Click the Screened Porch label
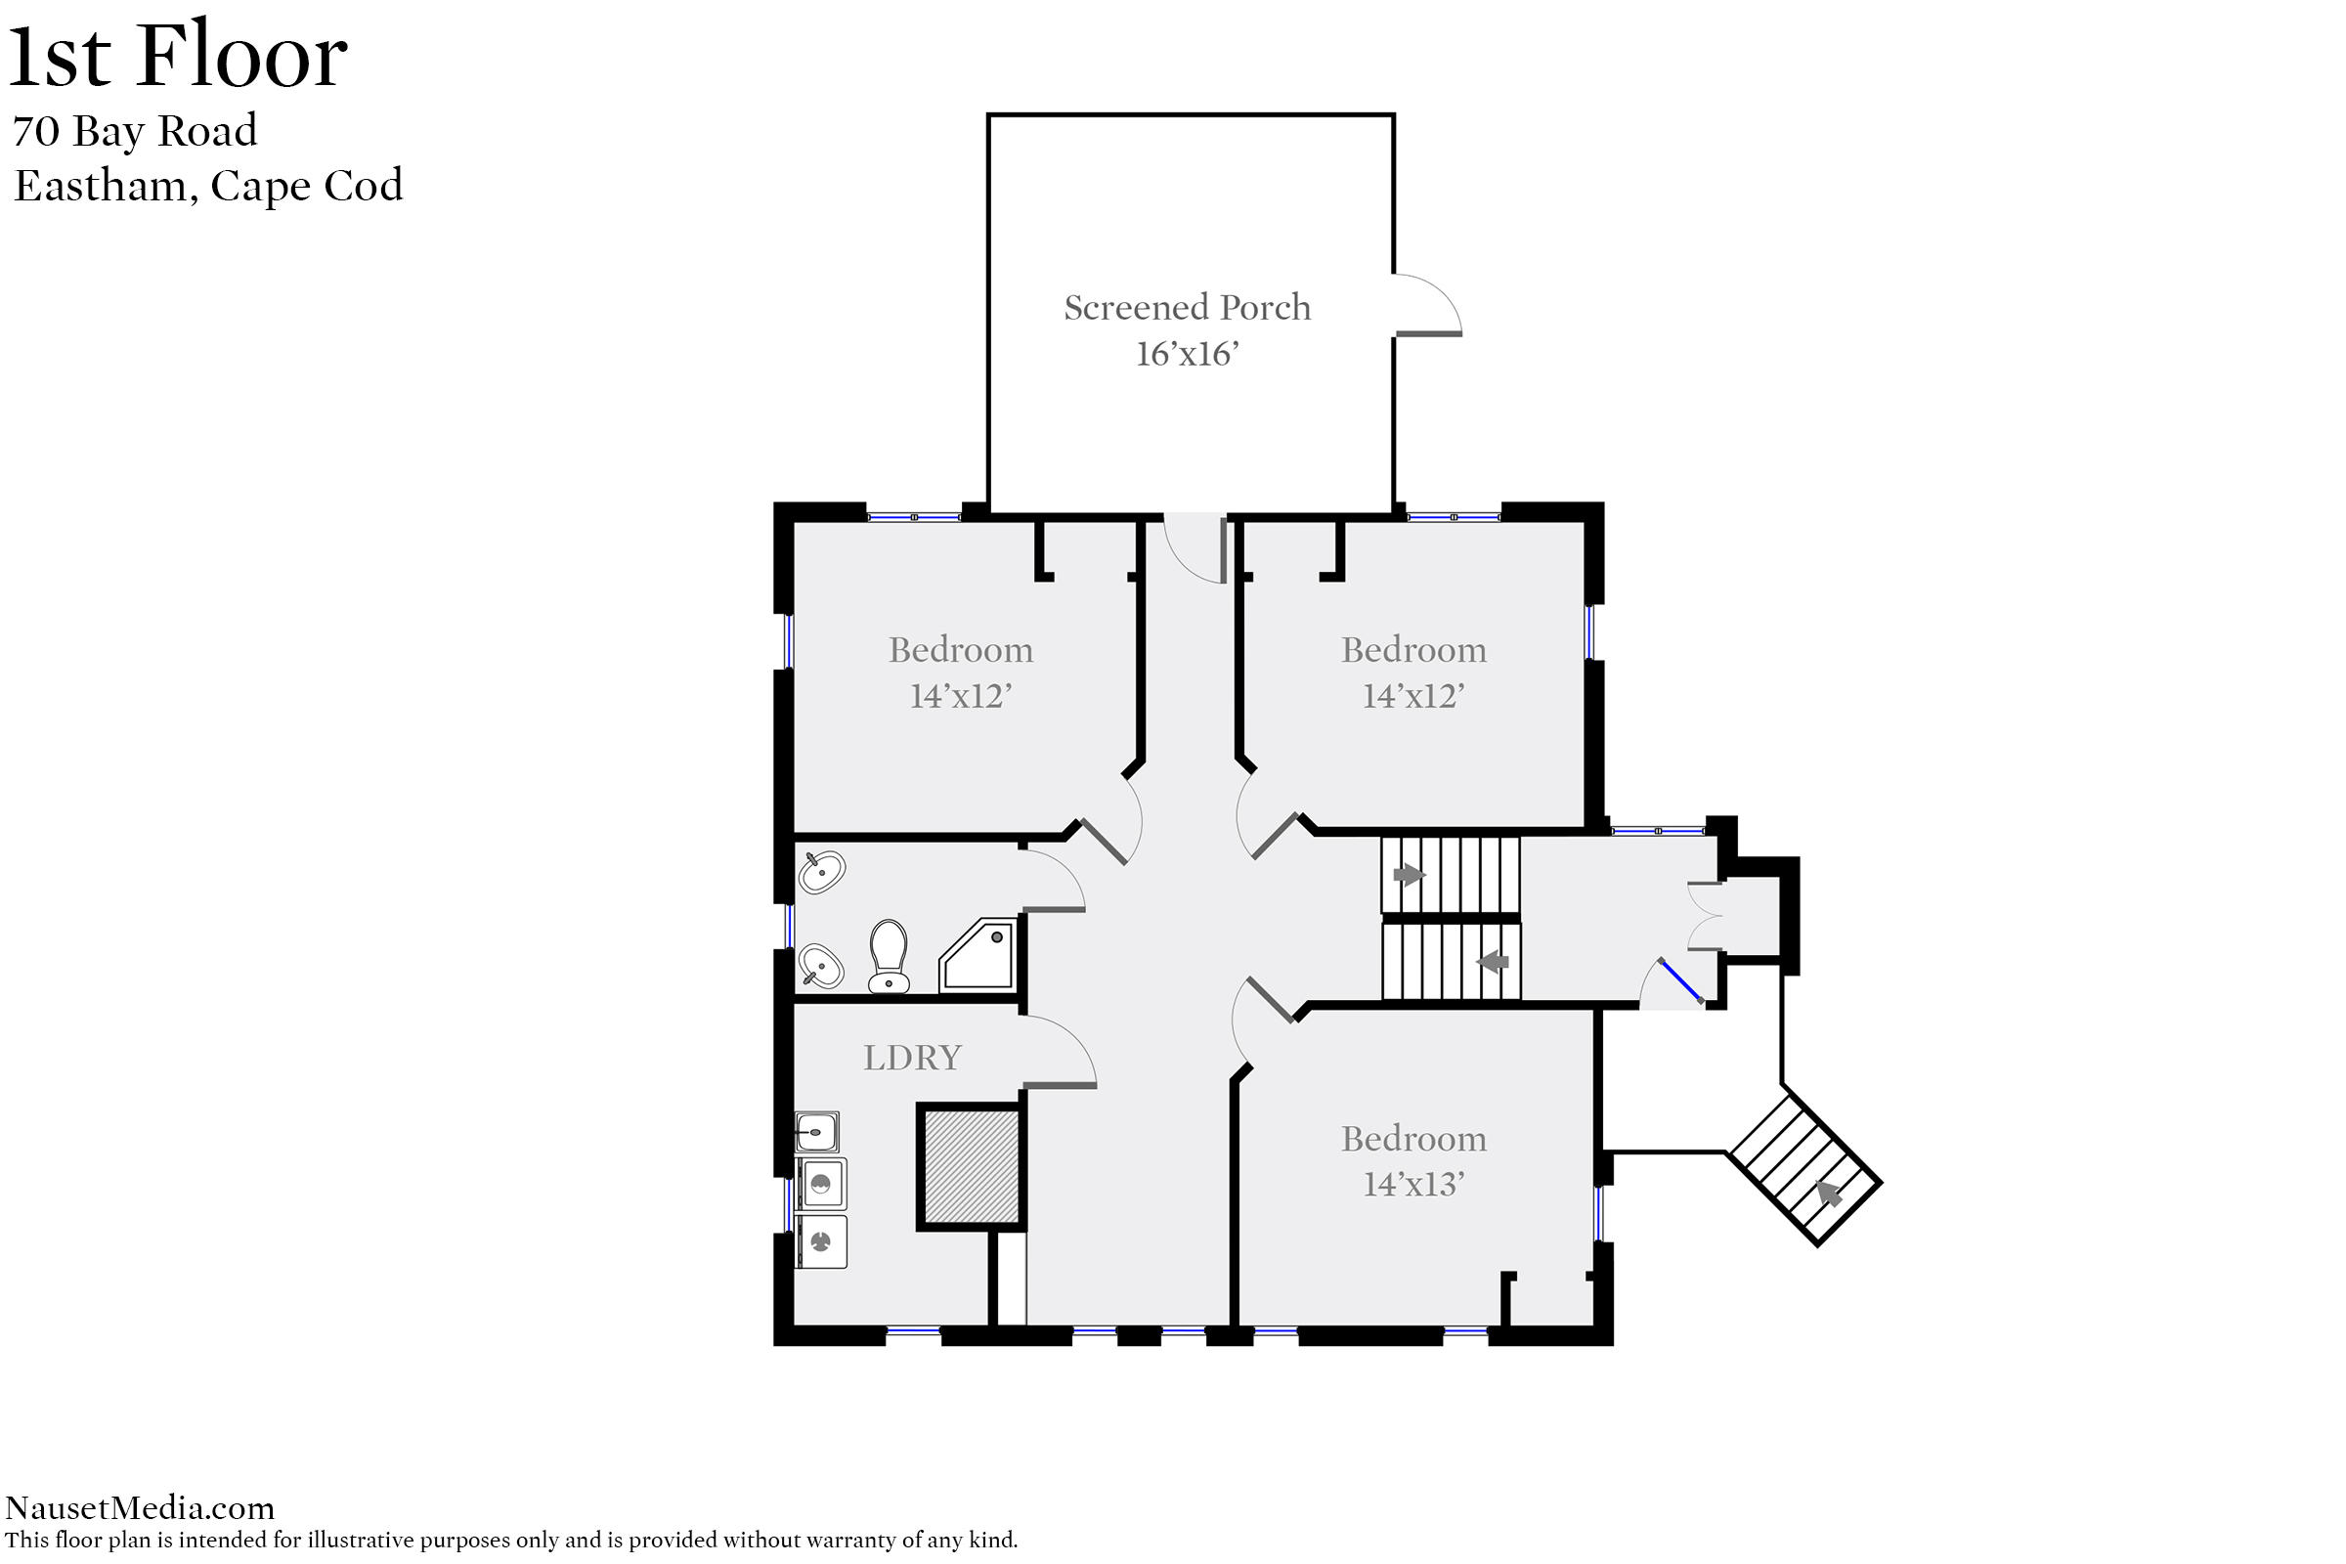(1187, 307)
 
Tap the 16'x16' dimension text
(1187, 354)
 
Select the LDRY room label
(912, 1058)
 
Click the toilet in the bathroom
(888, 956)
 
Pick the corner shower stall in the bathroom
(977, 955)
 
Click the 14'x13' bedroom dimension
(1413, 1184)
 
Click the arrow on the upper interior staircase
(1409, 875)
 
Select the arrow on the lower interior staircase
(1494, 962)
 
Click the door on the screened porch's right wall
(1428, 304)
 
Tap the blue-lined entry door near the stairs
(1679, 979)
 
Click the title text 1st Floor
(178, 55)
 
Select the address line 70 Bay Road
(135, 131)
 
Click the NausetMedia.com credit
(140, 1507)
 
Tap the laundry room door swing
(1061, 1052)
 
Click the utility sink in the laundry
(817, 1132)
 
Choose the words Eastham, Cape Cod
(208, 186)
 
